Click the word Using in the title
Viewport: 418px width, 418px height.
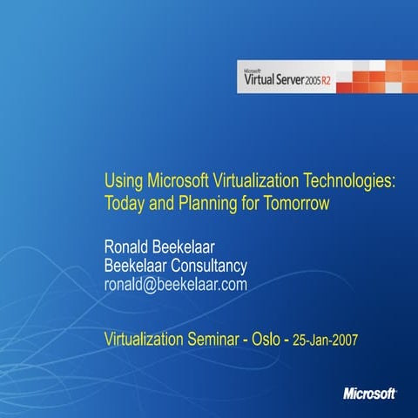pyautogui.click(x=121, y=181)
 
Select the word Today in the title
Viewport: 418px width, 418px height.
pyautogui.click(x=124, y=204)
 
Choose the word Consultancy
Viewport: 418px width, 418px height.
pyautogui.click(x=210, y=266)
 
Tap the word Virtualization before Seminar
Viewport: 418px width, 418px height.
pyautogui.click(x=150, y=335)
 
